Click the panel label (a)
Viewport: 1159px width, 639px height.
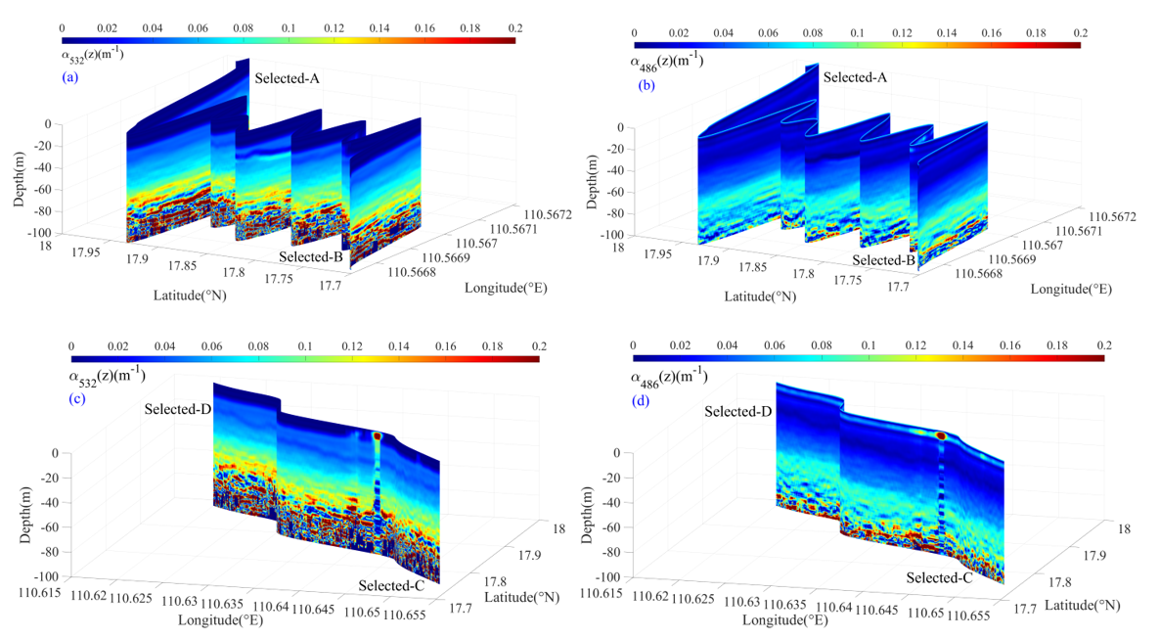pyautogui.click(x=69, y=76)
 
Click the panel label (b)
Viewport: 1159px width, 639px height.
pyautogui.click(x=646, y=85)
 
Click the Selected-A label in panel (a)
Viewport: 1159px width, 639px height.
pyautogui.click(x=288, y=76)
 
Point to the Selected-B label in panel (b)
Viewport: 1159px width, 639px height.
pyautogui.click(x=882, y=260)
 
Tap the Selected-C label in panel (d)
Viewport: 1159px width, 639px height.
pyautogui.click(x=937, y=577)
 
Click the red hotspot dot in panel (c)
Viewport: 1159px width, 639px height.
pyautogui.click(x=377, y=436)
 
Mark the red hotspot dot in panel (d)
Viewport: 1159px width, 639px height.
pyautogui.click(x=941, y=435)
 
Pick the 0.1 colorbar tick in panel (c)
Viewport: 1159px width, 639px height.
pyautogui.click(x=304, y=347)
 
